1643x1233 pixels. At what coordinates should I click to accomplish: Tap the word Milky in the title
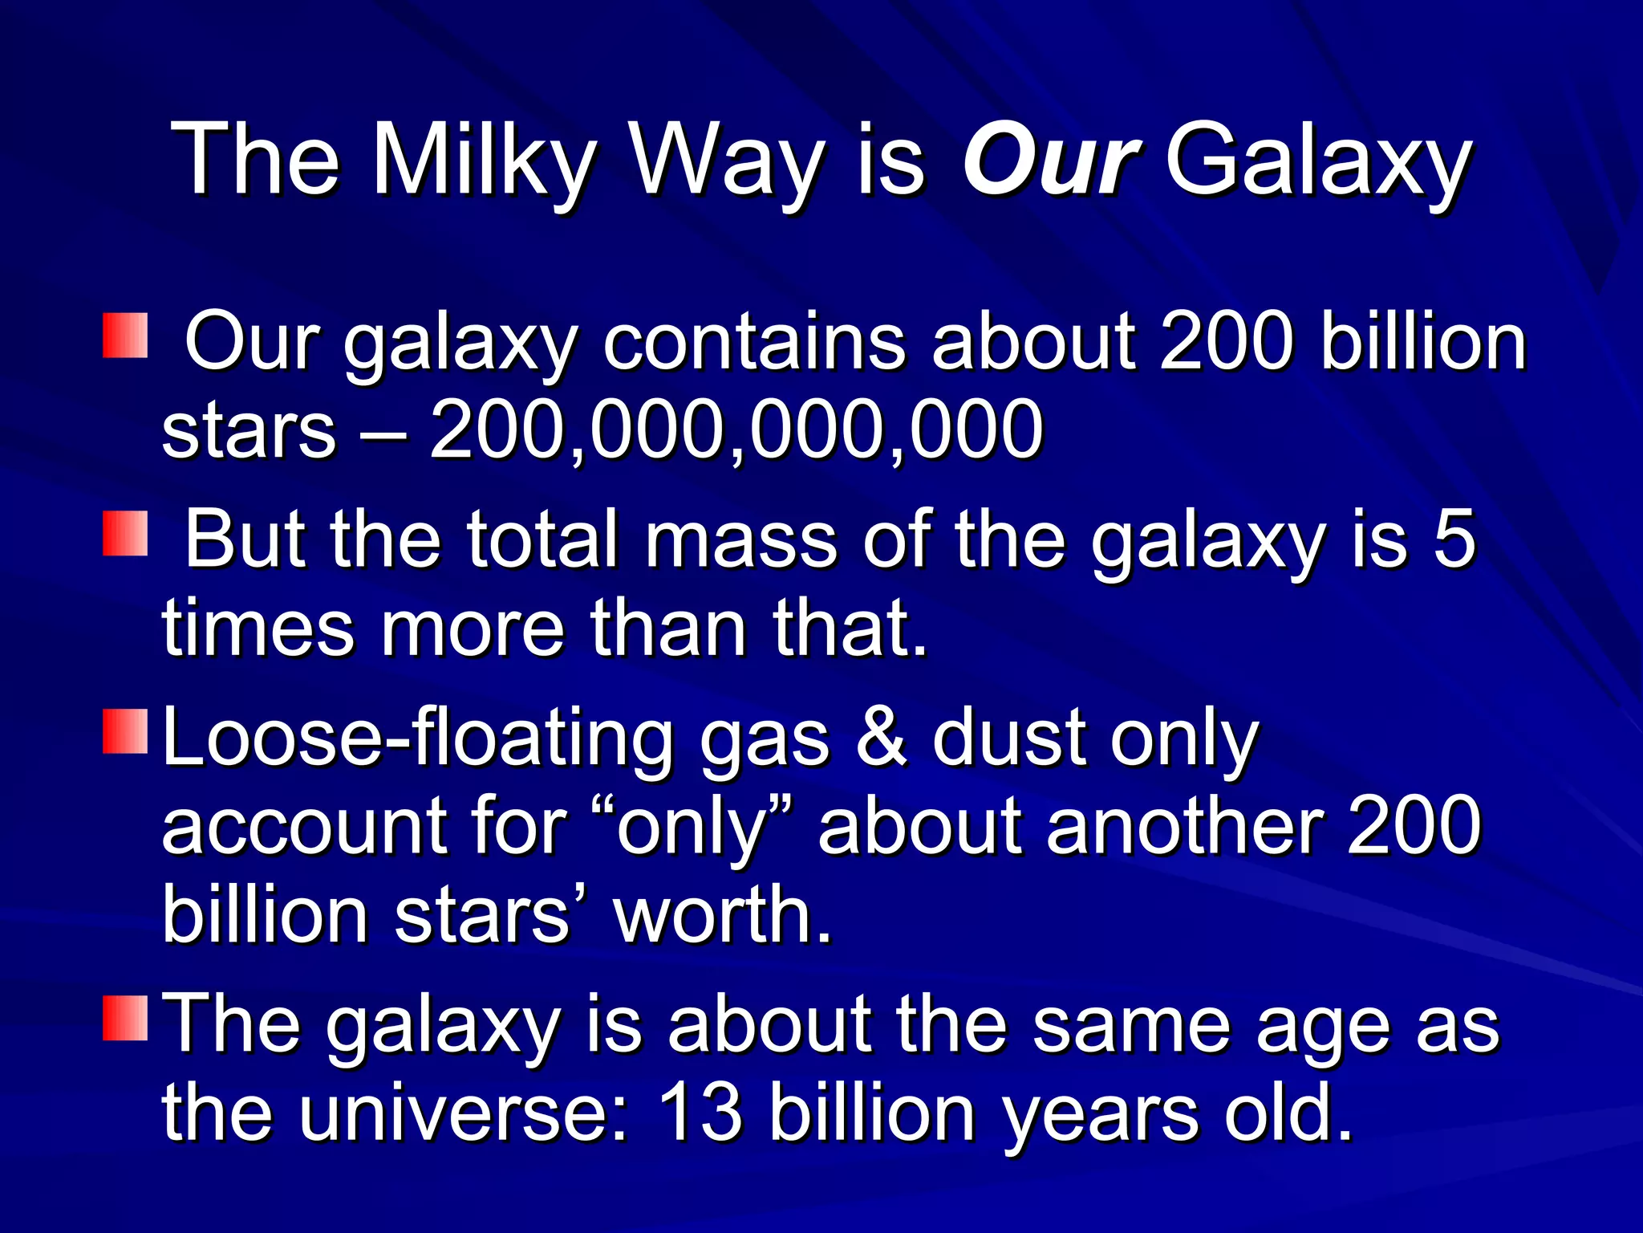click(x=484, y=161)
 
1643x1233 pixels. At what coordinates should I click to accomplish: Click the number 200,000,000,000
click(x=736, y=431)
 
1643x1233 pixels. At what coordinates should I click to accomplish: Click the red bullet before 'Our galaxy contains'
click(x=125, y=336)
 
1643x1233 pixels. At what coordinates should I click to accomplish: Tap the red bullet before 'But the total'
click(x=125, y=533)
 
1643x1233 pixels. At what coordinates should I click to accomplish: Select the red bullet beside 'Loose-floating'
click(x=125, y=730)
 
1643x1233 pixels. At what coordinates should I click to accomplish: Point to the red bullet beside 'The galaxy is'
click(x=125, y=1018)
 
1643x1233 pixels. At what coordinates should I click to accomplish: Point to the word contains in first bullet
click(x=753, y=343)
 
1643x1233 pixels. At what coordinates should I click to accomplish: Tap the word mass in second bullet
click(x=741, y=539)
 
